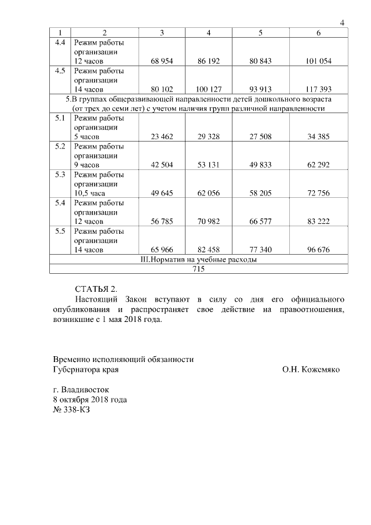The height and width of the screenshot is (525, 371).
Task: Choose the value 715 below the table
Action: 199,269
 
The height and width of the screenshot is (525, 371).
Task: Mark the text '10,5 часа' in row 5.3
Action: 89,193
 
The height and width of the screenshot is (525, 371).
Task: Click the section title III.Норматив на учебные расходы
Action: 199,259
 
